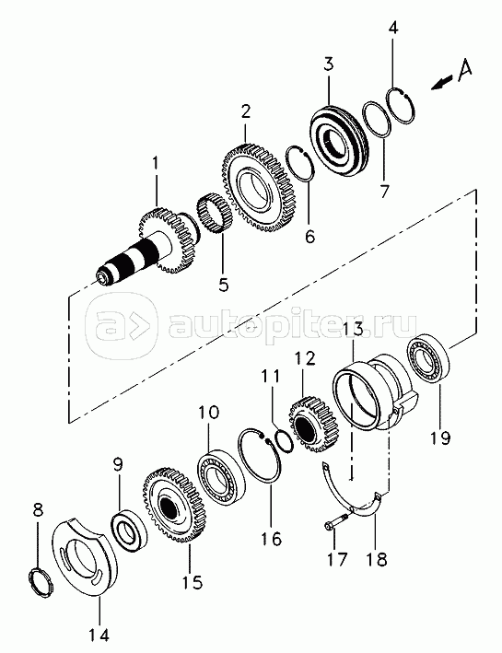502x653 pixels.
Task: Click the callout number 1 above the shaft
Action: [156, 163]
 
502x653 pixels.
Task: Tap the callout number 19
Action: [441, 437]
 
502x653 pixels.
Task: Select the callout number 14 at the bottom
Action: [100, 636]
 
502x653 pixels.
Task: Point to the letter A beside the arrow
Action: [465, 69]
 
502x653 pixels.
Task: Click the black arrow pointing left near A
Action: [441, 83]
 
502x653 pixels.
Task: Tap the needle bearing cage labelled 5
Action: [215, 215]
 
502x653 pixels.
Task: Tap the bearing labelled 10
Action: [221, 478]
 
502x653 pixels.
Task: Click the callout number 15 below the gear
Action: [193, 581]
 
